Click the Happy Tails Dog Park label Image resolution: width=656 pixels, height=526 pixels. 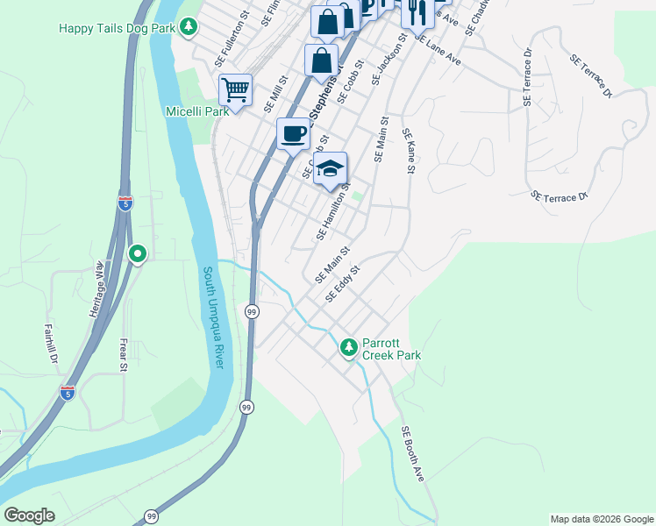pos(117,28)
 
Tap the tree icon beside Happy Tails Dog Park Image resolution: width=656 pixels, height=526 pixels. pos(189,28)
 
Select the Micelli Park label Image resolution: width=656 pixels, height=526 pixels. pos(197,111)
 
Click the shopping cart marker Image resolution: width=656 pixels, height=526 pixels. pos(235,89)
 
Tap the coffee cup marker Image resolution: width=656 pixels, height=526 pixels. pos(293,134)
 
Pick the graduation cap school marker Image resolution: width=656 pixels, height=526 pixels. pos(330,168)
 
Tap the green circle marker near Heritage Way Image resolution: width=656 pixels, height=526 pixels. pos(137,254)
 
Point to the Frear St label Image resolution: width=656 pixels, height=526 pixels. pos(125,353)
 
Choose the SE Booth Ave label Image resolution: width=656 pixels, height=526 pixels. pos(412,454)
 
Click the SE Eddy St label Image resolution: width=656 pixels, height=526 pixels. pos(342,285)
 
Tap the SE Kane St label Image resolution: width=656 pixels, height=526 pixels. pos(409,151)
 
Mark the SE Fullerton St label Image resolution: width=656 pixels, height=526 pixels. pos(232,39)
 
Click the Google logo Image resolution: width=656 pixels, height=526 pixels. pos(29,515)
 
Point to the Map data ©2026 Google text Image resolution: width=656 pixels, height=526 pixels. pos(601,519)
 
